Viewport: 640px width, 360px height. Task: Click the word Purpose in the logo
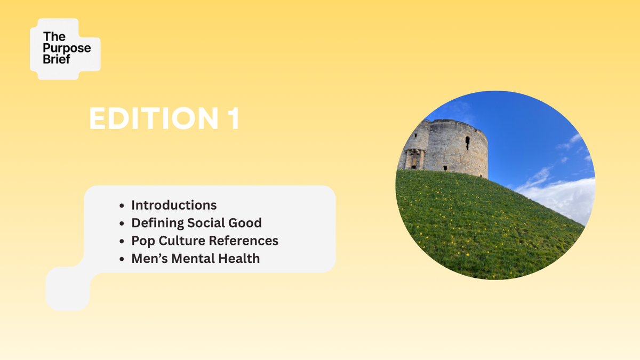tap(67, 49)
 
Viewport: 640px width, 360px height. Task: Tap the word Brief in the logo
tap(57, 59)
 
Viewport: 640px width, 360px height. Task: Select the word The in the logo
tap(54, 37)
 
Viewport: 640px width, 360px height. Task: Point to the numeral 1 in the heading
tap(234, 118)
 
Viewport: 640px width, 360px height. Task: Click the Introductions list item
tap(174, 205)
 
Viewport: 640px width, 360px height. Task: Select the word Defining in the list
tap(157, 223)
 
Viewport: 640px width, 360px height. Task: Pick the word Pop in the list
tap(143, 241)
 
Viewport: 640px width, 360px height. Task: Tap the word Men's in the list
tap(149, 259)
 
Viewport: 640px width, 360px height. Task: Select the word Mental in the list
tap(193, 259)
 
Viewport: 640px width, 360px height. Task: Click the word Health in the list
tap(239, 259)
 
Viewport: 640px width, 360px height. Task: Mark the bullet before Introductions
tap(122, 206)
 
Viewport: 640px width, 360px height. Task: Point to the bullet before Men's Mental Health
tap(122, 259)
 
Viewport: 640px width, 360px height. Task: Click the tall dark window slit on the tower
tap(467, 142)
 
